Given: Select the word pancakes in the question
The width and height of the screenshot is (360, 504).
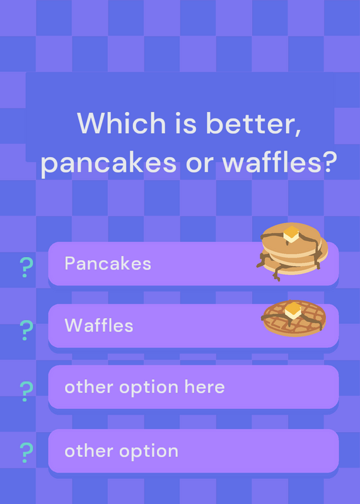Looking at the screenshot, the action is click(x=108, y=164).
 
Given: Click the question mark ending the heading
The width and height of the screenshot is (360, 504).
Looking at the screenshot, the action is click(x=330, y=162).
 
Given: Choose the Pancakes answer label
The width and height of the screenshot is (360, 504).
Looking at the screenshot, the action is click(x=108, y=263).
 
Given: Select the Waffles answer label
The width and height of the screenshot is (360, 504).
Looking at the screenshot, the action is click(x=99, y=326).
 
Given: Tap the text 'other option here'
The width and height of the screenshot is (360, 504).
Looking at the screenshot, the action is click(x=144, y=387).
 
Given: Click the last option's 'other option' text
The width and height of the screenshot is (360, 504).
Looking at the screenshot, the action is click(x=121, y=452).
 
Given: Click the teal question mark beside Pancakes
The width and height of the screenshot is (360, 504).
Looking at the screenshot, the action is click(x=26, y=267).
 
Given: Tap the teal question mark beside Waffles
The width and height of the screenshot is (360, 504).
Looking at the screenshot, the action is click(x=26, y=330).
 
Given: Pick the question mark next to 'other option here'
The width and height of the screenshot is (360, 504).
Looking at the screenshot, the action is click(x=26, y=391).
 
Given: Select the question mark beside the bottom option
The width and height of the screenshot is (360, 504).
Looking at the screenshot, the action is click(x=26, y=452).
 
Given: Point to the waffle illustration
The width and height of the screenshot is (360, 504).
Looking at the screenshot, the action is click(x=294, y=318).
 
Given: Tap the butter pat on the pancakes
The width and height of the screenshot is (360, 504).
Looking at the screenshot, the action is click(x=291, y=234).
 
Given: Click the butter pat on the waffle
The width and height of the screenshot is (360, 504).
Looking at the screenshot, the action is click(x=293, y=310).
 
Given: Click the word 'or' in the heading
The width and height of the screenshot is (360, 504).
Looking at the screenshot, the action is click(x=199, y=164).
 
